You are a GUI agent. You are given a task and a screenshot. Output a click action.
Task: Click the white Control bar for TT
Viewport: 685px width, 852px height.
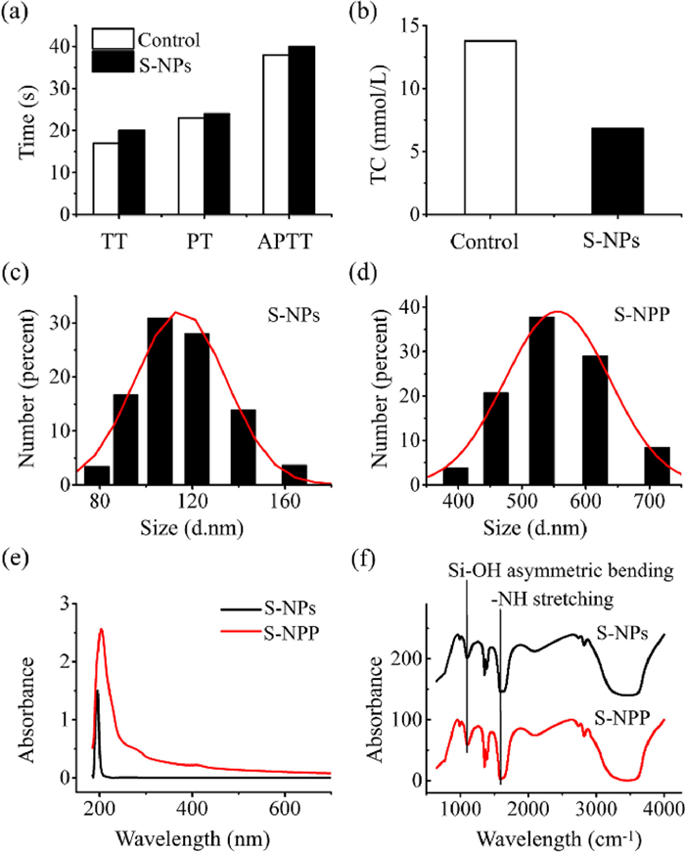(106, 178)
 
